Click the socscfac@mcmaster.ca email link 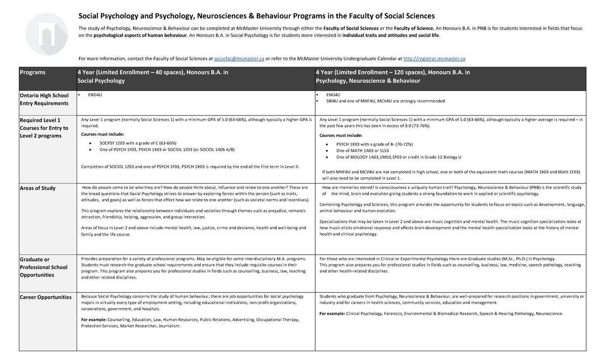pyautogui.click(x=239, y=59)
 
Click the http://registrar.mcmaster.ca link pyautogui.click(x=434, y=59)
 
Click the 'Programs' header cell pyautogui.click(x=32, y=72)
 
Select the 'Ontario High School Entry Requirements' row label pyautogui.click(x=44, y=99)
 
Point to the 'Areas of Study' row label pyautogui.click(x=38, y=188)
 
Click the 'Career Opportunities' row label pyautogui.click(x=45, y=297)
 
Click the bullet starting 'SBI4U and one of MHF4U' pyautogui.click(x=385, y=101)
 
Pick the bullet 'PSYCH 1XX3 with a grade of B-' pyautogui.click(x=374, y=144)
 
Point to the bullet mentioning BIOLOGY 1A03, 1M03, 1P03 pyautogui.click(x=398, y=157)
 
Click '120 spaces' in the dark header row pyautogui.click(x=406, y=72)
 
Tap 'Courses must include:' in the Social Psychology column pyautogui.click(x=102, y=134)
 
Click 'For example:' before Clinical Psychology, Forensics pyautogui.click(x=332, y=314)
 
